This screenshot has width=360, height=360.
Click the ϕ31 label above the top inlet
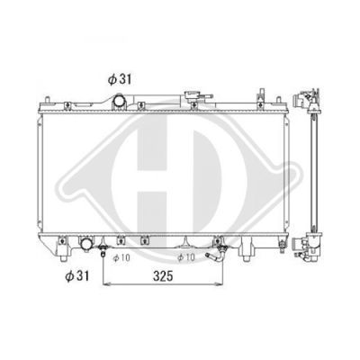click(120, 79)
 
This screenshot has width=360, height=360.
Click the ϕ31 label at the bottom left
click(77, 275)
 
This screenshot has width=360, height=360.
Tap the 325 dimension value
click(163, 276)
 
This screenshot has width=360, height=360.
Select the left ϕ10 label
click(121, 257)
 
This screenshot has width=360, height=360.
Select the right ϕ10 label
click(186, 257)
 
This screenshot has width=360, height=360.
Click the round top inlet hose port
click(119, 102)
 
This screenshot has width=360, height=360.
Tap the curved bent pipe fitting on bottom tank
click(216, 256)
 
